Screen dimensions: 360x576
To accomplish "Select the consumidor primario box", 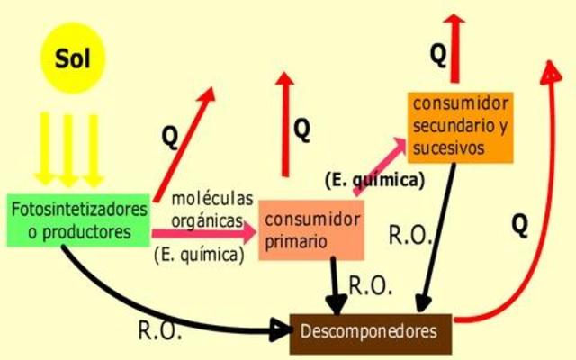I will pyautogui.click(x=310, y=230).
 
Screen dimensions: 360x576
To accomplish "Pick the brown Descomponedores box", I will pyautogui.click(x=371, y=332).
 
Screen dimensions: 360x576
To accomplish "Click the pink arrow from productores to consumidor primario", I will pyautogui.click(x=202, y=232).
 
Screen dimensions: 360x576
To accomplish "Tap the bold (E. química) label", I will pyautogui.click(x=374, y=180).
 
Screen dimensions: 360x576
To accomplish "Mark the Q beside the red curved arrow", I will pyautogui.click(x=519, y=226).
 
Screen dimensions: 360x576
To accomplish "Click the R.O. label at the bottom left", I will pyautogui.click(x=160, y=330).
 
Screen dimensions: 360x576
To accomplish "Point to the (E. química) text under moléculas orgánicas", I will pyautogui.click(x=200, y=255).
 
